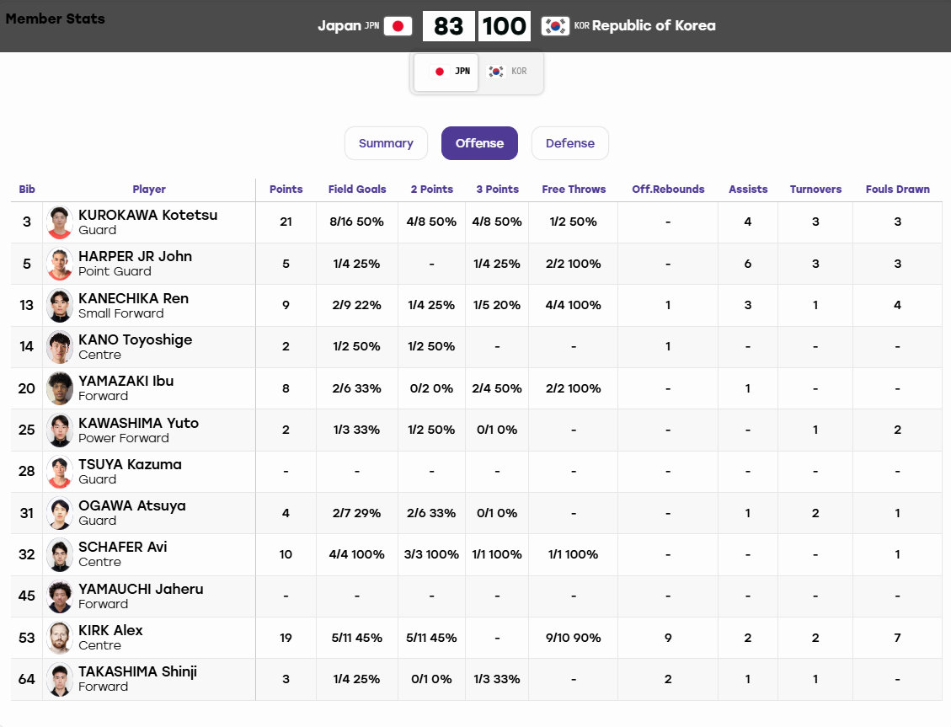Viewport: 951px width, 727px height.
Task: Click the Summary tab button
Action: coord(386,143)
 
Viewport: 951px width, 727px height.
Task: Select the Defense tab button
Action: coord(569,143)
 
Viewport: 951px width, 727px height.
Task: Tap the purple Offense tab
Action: coord(479,143)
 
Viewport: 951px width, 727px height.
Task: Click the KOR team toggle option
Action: coord(508,72)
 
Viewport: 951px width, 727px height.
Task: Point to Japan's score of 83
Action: coord(448,26)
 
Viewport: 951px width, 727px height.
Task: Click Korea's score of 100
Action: coord(504,26)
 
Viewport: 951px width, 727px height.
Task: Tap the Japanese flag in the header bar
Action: coord(398,26)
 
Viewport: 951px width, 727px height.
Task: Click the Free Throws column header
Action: coord(574,190)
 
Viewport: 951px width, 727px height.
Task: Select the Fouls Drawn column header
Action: coord(898,190)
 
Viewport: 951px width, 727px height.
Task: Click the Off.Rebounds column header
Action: coord(668,190)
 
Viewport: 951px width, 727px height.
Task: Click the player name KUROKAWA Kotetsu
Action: coord(148,215)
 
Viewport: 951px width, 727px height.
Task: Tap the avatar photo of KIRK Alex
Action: coord(60,638)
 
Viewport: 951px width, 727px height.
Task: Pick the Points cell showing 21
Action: coord(286,222)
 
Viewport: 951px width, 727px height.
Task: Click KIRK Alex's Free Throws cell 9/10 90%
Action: coord(573,638)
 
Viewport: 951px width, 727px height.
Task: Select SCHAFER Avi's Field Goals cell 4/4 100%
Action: coord(356,554)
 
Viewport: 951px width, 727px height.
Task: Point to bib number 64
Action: coord(27,679)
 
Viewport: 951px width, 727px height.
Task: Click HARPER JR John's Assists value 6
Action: coord(748,264)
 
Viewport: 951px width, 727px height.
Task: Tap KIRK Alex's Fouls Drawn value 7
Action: coord(898,638)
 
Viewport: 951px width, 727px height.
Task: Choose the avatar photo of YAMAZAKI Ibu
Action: coord(60,388)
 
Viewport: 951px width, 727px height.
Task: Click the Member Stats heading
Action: coord(56,19)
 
